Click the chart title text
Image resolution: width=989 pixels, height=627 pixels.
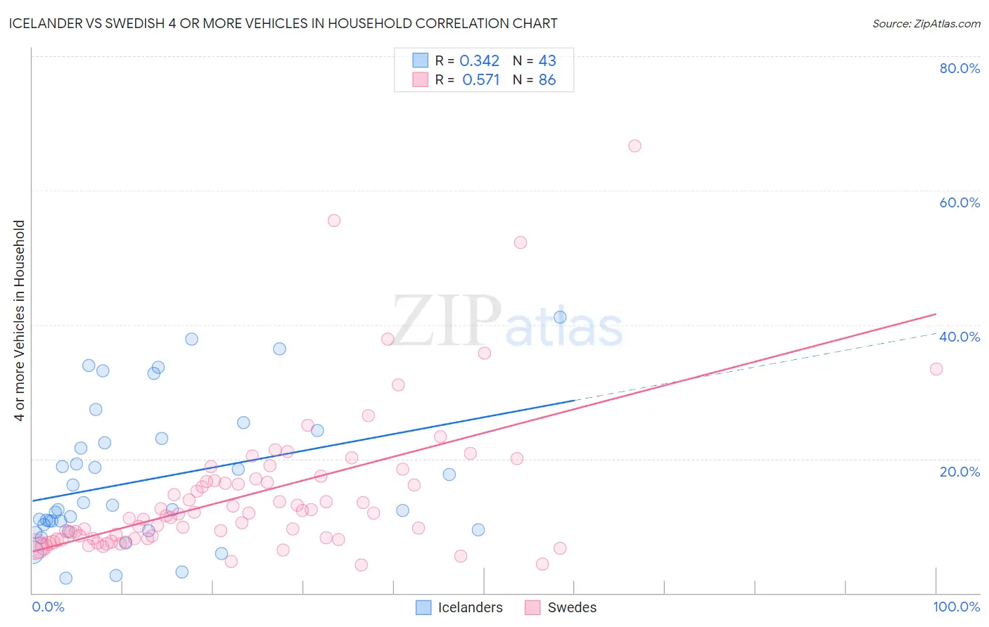point(283,24)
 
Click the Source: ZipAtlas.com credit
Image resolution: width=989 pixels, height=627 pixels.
point(926,24)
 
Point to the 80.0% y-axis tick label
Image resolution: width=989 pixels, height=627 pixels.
point(959,68)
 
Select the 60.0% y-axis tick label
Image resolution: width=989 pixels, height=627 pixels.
point(959,202)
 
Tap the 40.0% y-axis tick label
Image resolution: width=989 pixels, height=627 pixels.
point(959,337)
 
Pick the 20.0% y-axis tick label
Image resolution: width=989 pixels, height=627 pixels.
point(959,472)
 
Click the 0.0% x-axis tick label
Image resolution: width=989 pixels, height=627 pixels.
point(48,607)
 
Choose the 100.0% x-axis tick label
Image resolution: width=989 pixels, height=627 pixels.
point(956,607)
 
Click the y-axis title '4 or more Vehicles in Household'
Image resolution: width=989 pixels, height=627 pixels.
point(20,321)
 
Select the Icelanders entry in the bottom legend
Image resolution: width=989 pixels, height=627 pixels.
point(459,608)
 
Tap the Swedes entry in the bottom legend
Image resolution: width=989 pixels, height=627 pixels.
point(561,608)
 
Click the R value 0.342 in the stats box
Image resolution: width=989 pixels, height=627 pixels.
point(479,61)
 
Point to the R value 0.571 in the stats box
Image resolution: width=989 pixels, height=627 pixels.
point(480,80)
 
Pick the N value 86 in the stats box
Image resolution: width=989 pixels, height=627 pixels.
point(547,80)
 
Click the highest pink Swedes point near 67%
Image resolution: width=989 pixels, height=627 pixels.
point(634,146)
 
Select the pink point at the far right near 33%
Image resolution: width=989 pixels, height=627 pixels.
point(936,369)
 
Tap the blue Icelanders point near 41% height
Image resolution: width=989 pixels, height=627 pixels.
point(560,317)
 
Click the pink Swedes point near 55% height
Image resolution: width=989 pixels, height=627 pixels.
point(334,221)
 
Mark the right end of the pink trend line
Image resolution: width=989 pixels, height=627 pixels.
point(936,313)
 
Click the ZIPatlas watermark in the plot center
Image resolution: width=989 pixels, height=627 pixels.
point(506,322)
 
